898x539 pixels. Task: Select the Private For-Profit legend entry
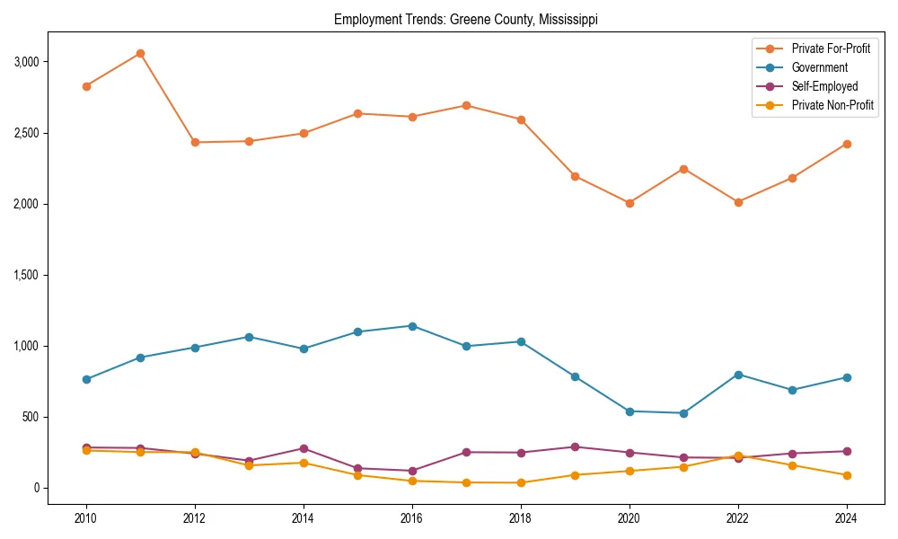pos(831,48)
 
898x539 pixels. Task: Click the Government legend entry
pos(819,67)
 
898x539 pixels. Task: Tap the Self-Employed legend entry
pos(824,86)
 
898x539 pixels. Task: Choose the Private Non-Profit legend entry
pos(832,105)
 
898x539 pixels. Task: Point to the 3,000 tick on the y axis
pos(26,62)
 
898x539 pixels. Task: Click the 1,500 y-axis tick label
pos(26,275)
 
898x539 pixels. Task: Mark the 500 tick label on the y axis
pos(31,417)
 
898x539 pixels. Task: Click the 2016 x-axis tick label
pos(411,518)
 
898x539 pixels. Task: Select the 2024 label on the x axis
pos(846,518)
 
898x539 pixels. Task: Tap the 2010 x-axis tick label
pos(86,518)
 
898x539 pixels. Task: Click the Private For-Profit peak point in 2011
pos(140,53)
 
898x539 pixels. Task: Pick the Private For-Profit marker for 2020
pos(629,203)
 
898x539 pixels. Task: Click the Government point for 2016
pos(411,326)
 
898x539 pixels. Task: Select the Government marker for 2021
pos(683,413)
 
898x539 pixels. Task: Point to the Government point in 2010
pos(86,379)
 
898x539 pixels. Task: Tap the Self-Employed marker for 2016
pos(411,471)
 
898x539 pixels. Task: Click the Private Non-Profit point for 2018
pos(520,482)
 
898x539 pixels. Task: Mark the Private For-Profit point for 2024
pos(846,144)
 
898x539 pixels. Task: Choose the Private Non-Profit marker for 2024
pos(846,475)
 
